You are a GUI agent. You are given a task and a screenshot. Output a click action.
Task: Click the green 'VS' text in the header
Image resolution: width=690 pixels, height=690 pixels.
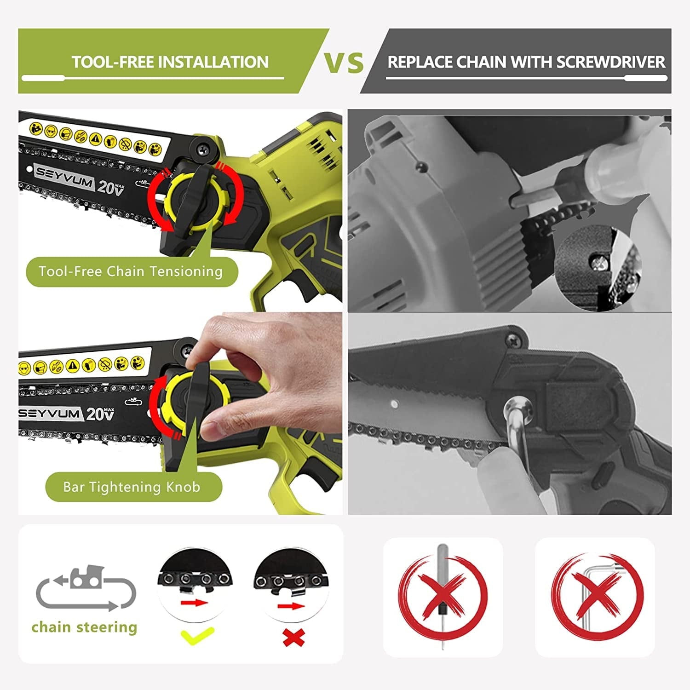pyautogui.click(x=344, y=63)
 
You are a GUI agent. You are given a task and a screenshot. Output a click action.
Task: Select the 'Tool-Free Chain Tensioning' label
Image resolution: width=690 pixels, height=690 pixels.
pyautogui.click(x=131, y=272)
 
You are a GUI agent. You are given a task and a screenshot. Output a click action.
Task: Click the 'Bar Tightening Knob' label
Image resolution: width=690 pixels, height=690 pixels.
pyautogui.click(x=132, y=487)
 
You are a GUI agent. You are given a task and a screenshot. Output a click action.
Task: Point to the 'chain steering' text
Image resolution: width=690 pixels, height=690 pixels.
pyautogui.click(x=84, y=627)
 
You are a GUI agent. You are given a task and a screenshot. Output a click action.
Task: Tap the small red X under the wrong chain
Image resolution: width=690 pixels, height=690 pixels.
pyautogui.click(x=293, y=638)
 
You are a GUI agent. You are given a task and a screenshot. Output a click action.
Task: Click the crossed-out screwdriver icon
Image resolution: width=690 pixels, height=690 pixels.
pyautogui.click(x=442, y=596)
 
